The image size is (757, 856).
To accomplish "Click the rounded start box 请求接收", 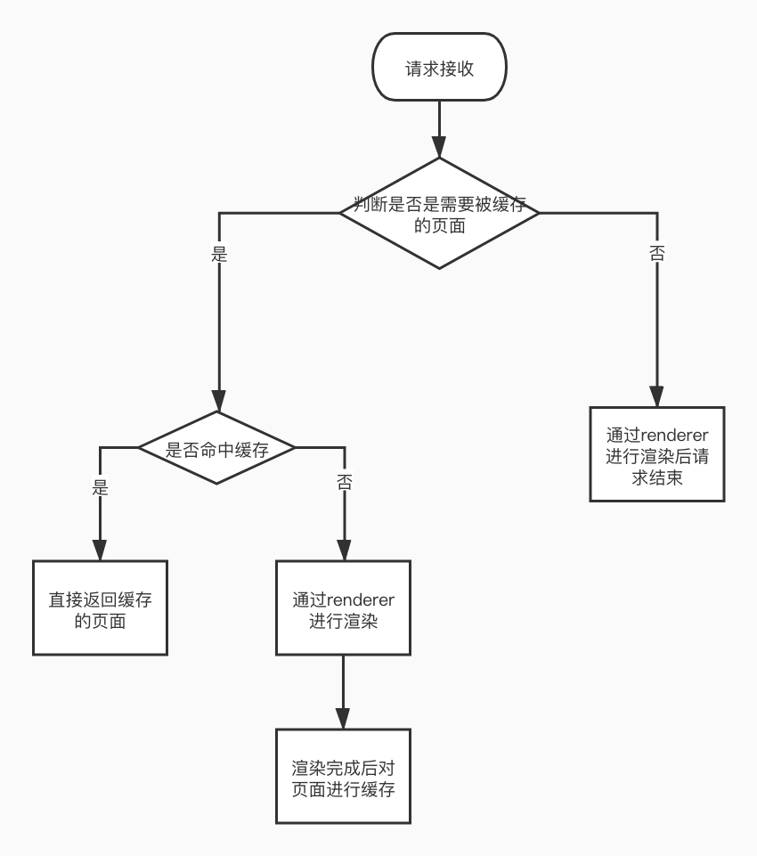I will (440, 69).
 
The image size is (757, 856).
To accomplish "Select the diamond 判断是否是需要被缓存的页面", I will (440, 214).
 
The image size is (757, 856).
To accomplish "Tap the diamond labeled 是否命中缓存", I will (217, 448).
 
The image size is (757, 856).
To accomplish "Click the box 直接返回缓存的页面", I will (100, 607).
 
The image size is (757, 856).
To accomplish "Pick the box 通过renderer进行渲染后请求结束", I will (657, 454).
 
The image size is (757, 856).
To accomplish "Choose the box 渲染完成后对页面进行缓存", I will (343, 776).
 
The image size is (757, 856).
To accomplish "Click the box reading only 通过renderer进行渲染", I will (343, 607).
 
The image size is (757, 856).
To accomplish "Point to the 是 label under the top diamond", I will (219, 254).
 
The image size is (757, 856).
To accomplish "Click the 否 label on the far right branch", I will (657, 253).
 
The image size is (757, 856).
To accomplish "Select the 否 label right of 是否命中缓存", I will (344, 483).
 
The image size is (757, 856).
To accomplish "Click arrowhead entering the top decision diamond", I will (440, 148).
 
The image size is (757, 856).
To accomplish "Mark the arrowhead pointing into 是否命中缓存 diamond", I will (218, 401).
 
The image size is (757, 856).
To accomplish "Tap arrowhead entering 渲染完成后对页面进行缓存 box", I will (343, 719).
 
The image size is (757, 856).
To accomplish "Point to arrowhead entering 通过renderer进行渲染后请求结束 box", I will (657, 396).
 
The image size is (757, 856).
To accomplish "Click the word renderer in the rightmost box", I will (673, 436).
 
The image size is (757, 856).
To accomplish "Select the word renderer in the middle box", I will (359, 599).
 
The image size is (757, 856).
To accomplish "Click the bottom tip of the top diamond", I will (440, 268).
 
